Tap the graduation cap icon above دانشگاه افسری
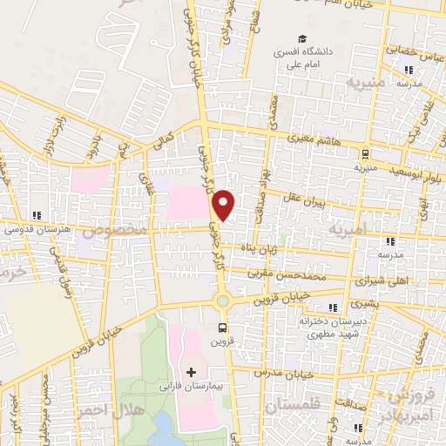tap(302, 38)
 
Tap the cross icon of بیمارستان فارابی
tap(192, 373)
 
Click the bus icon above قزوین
tap(224, 328)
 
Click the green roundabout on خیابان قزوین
tap(223, 301)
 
